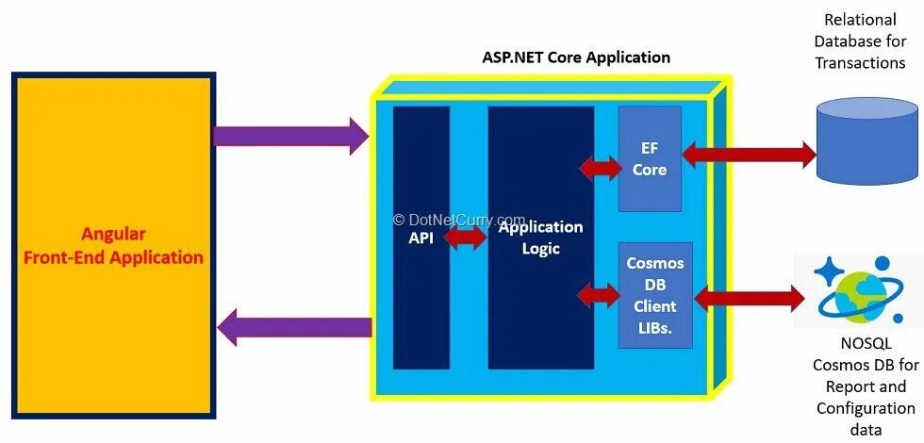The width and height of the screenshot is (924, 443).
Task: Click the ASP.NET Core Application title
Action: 576,57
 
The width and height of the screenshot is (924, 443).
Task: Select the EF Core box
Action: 650,159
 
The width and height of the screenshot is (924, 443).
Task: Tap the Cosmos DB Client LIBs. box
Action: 655,296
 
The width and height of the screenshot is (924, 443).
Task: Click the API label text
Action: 421,238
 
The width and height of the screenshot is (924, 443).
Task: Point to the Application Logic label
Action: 540,238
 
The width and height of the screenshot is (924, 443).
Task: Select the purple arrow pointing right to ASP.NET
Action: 290,136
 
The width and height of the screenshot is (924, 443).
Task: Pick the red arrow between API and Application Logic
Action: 464,238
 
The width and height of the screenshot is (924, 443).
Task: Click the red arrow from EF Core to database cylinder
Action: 749,154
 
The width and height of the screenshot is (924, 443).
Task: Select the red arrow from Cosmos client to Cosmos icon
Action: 750,300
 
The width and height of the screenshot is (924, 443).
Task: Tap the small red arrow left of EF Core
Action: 601,168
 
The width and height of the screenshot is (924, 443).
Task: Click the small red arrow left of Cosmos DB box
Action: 600,295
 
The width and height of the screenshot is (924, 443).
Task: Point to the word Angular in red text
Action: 113,234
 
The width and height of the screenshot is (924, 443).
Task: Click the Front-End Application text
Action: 113,257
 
